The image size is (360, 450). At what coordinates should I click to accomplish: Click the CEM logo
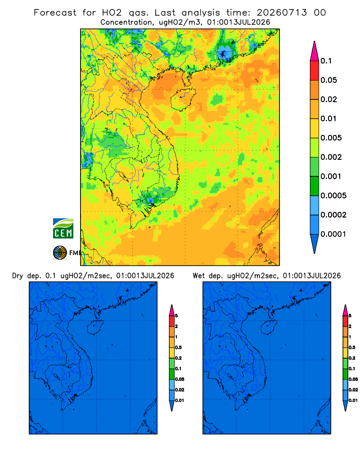63,228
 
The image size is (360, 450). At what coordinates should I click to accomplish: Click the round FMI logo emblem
60,253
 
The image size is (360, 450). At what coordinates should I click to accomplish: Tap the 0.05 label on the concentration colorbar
328,80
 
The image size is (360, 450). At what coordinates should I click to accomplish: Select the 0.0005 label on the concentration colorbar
333,196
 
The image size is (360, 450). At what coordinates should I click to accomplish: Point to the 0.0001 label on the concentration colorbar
333,234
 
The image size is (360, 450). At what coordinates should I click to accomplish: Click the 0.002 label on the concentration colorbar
331,157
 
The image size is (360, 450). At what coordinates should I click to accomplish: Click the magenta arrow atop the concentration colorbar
315,51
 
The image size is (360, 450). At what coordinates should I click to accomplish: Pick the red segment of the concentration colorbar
315,71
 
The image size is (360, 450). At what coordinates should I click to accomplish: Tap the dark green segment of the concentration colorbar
315,186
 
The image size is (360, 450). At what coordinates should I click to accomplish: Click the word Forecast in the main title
55,13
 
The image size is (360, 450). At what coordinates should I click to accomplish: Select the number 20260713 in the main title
282,13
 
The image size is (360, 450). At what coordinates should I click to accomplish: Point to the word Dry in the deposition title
18,276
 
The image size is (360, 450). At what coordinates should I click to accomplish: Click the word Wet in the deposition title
198,276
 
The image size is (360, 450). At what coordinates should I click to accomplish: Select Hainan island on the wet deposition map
269,327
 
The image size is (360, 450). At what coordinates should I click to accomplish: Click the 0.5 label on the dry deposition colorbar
178,347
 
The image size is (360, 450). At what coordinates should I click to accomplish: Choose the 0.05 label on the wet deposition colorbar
353,379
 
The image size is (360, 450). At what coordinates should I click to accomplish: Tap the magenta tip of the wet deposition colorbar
345,310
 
